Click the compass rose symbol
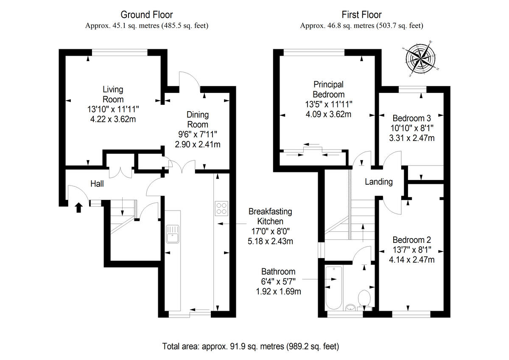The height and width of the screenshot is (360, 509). point(420,59)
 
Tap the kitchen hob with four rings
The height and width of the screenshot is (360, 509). point(221,208)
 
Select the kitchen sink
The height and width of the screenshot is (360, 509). point(173,234)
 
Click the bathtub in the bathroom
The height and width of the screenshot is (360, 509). point(333,288)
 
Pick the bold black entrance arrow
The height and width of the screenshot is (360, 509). point(78,208)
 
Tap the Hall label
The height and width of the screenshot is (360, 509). point(97,184)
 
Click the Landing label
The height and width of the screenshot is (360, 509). point(379,182)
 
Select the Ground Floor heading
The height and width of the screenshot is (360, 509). point(147,15)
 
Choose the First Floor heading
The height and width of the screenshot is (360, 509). point(361,15)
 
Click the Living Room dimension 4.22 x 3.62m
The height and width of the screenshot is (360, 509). point(113,119)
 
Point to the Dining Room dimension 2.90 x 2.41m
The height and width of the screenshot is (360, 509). point(198,144)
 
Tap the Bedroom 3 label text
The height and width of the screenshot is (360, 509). point(412,118)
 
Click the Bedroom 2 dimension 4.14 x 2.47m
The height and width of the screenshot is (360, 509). point(412,259)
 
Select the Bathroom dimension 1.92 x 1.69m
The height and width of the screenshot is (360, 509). point(278,291)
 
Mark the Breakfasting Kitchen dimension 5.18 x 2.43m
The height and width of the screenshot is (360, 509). point(270,241)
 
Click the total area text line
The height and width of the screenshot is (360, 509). point(250,346)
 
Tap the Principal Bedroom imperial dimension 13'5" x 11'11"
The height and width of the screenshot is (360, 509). point(328,104)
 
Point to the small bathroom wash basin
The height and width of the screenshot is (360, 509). point(351,307)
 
